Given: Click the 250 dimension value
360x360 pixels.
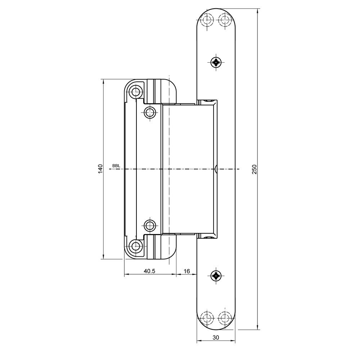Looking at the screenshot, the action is (x=255, y=169).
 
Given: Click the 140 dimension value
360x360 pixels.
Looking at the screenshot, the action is (x=100, y=169).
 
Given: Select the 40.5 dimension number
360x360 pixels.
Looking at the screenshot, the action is (x=150, y=271).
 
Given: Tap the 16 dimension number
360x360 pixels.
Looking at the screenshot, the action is (x=187, y=271).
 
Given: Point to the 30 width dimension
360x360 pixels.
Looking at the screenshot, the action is (x=216, y=337).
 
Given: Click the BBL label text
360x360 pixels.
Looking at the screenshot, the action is (x=116, y=166).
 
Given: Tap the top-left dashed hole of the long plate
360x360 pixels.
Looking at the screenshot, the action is (x=207, y=20).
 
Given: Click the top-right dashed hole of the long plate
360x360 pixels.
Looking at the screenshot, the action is (x=225, y=20).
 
